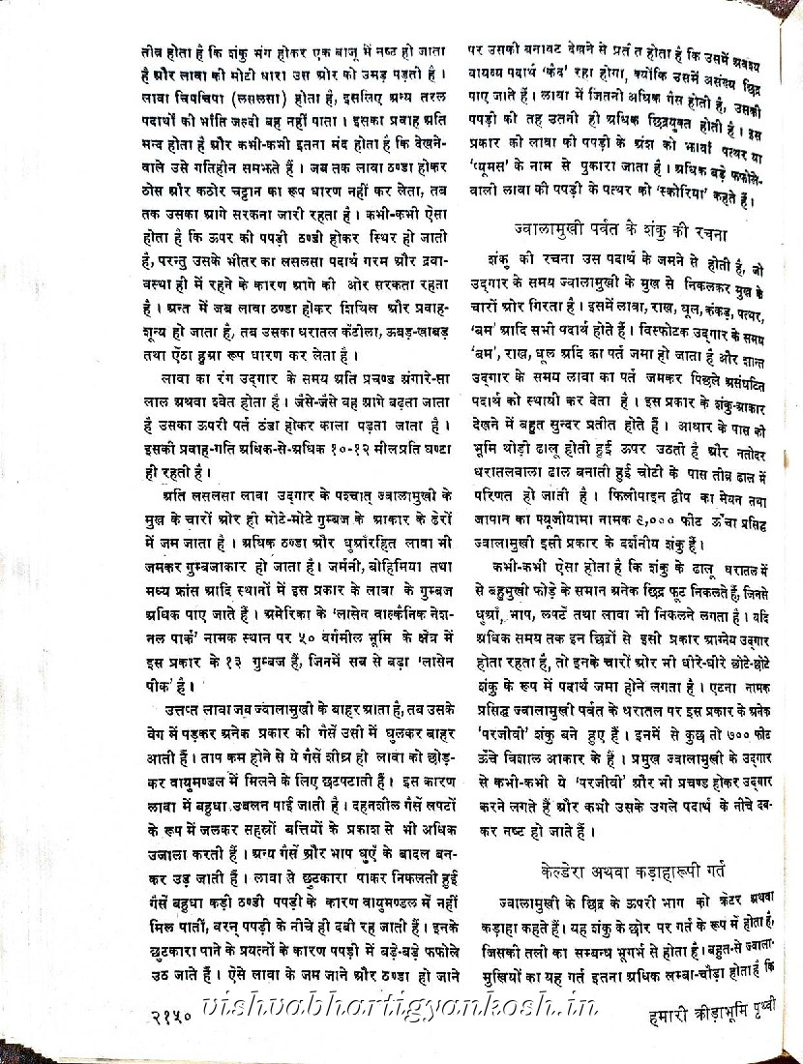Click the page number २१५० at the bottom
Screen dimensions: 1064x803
[x=174, y=1018]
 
